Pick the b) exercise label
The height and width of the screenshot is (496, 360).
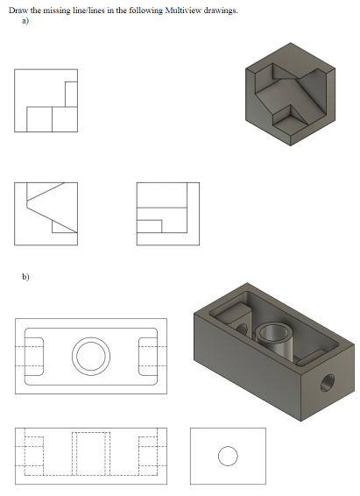tap(26, 277)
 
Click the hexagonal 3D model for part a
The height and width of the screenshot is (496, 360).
tap(290, 92)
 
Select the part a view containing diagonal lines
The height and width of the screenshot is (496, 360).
tap(46, 214)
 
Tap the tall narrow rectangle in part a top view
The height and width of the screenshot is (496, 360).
tap(70, 94)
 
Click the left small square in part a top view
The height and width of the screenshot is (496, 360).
tap(39, 119)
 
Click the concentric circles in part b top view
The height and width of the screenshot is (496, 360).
tap(91, 354)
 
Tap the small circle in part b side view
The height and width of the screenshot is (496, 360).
tap(227, 456)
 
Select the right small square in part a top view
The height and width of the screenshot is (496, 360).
tap(64, 119)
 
